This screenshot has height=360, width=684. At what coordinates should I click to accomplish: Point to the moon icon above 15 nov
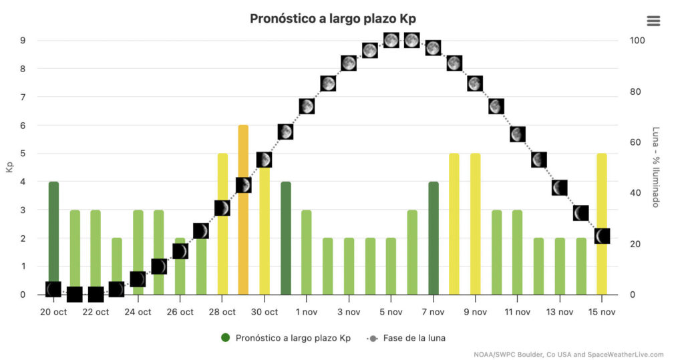point(602,236)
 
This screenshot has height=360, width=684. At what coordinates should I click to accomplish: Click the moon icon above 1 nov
point(307,106)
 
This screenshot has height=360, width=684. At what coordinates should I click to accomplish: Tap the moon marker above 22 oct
point(96,294)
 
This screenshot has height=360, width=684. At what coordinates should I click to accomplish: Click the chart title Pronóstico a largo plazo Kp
point(337,18)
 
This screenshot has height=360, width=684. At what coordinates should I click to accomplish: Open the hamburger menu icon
point(653,21)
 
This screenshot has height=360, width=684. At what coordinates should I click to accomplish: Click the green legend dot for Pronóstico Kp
point(225,338)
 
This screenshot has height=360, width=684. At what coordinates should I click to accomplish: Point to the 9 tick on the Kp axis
point(23,40)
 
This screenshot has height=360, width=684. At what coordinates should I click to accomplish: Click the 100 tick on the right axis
point(637,40)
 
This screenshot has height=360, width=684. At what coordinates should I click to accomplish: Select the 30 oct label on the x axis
point(264,312)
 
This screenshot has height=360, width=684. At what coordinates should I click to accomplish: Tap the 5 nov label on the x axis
point(391,312)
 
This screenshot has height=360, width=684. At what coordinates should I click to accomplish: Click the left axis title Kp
point(9,167)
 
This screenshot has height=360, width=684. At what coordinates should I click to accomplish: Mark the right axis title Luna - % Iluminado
point(656,167)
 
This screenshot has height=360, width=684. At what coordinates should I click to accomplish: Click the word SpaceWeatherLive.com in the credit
point(627,354)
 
